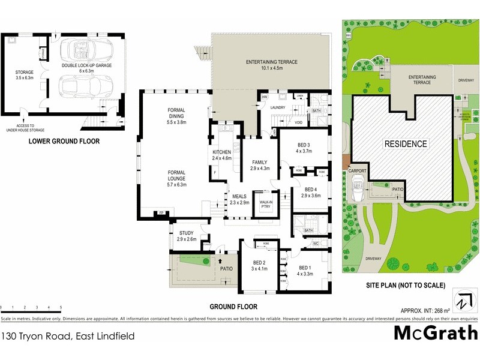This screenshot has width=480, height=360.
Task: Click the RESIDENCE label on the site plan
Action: [x=406, y=144]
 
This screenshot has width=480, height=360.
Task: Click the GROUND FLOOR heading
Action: [x=233, y=307]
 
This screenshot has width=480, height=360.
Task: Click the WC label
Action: [x=315, y=244]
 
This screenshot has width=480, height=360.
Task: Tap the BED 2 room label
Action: [x=259, y=265]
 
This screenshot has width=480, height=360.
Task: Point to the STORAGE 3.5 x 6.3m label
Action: [x=25, y=75]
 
